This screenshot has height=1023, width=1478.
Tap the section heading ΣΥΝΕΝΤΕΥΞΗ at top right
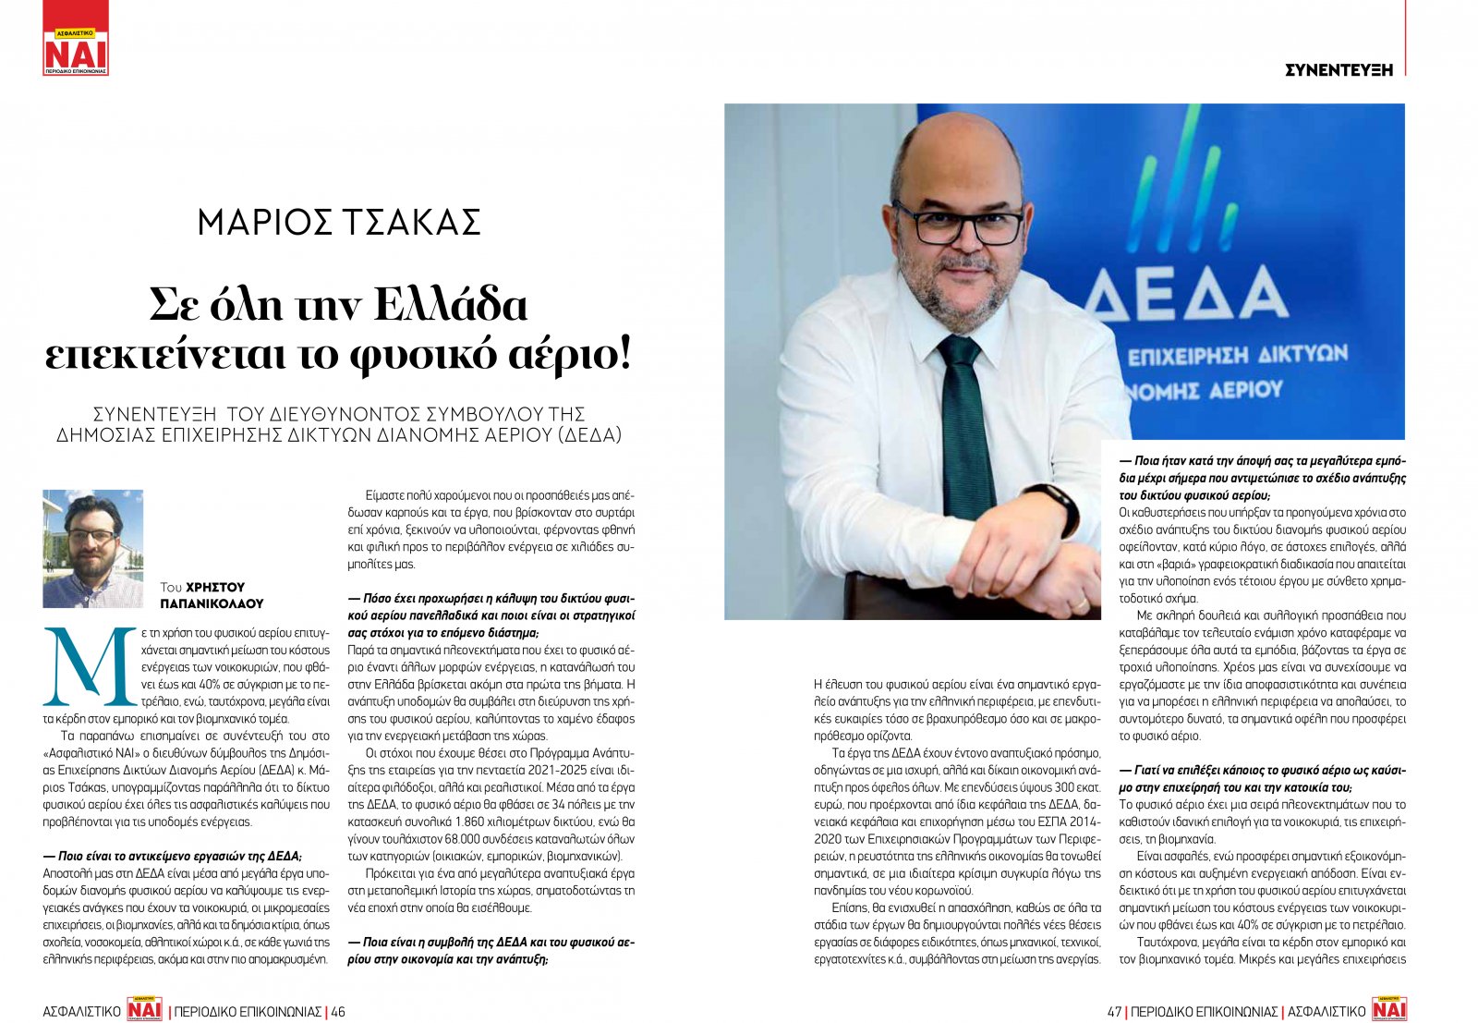coord(1339,69)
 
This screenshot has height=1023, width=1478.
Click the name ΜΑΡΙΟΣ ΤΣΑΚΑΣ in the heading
coord(339,223)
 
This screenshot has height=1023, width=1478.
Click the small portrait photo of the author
coord(93,548)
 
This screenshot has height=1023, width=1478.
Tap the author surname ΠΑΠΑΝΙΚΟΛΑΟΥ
coord(212,603)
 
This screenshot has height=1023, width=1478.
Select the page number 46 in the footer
coord(338,1011)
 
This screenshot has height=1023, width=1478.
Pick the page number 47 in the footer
coord(1114,1011)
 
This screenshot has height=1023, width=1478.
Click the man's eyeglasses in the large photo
coord(957,223)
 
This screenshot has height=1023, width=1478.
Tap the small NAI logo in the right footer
coord(1388,1009)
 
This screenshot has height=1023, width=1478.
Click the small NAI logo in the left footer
coord(144,1009)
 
